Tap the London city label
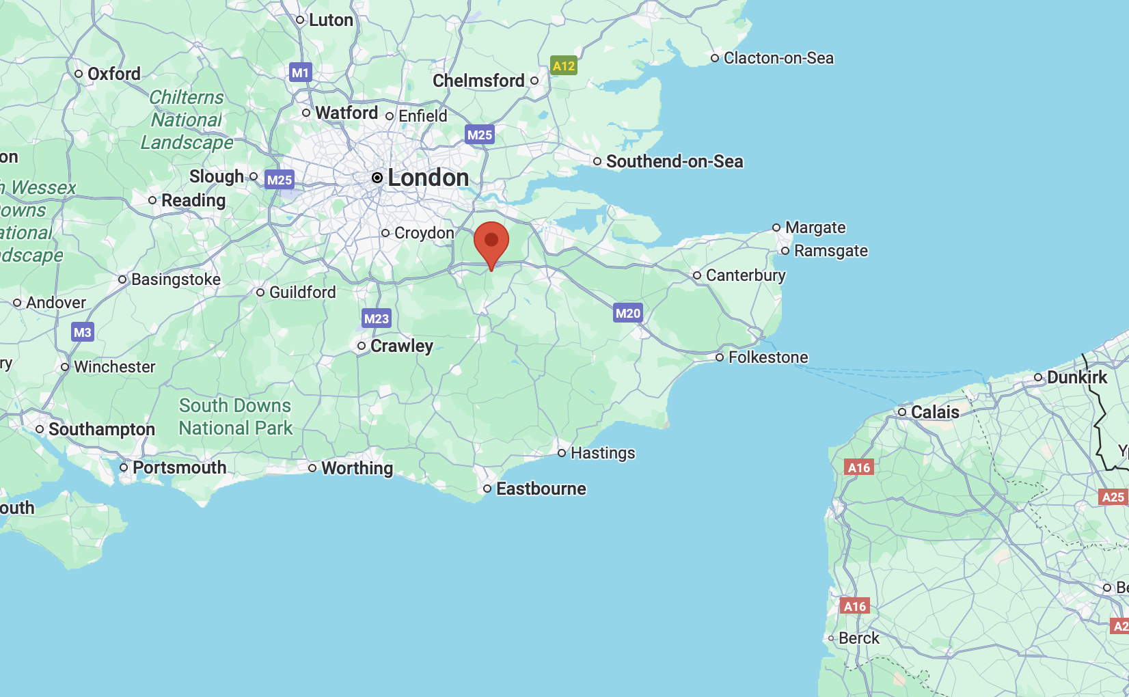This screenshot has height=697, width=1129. click(428, 178)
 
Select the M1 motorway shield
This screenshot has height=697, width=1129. click(301, 72)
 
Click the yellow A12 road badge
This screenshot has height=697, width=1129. click(564, 66)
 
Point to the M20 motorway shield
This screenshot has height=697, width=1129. click(627, 314)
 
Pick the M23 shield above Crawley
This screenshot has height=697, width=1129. click(377, 318)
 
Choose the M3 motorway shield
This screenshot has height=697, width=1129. click(82, 333)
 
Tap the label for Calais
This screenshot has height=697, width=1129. click(935, 412)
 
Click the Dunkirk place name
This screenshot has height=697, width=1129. click(1076, 377)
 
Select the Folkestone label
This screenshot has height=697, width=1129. click(768, 357)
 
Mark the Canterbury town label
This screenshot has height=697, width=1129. click(746, 275)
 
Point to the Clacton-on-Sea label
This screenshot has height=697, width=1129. click(778, 58)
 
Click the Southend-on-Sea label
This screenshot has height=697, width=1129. click(675, 161)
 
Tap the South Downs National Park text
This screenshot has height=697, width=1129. click(236, 417)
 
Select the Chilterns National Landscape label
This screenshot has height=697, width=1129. click(187, 120)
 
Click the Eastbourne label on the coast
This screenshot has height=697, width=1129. click(541, 489)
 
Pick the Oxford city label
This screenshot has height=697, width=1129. click(114, 74)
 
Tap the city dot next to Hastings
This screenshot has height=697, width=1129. click(562, 453)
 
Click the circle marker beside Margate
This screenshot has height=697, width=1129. click(776, 228)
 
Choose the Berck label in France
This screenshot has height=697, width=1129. click(859, 638)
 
